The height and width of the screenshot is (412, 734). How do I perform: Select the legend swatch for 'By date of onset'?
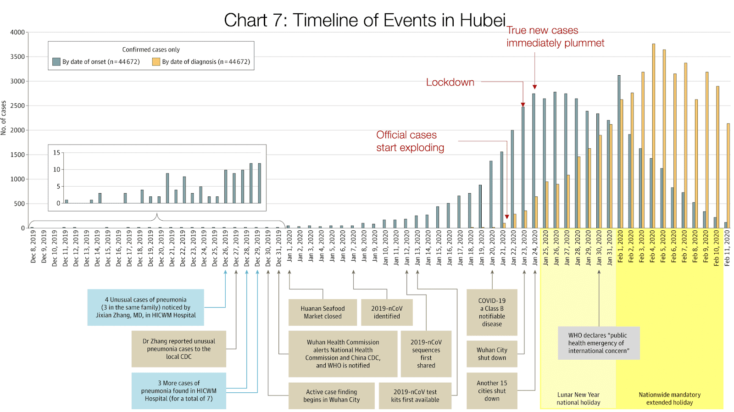point(56,62)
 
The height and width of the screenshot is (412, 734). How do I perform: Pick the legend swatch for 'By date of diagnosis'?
point(156,62)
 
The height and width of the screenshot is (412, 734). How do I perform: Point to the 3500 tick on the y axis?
point(18,57)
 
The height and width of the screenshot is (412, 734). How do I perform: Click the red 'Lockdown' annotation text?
point(450,82)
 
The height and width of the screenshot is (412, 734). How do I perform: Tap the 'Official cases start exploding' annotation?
point(410,141)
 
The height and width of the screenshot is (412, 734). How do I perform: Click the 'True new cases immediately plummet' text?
point(555,37)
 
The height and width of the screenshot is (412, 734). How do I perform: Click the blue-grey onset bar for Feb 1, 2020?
point(619,151)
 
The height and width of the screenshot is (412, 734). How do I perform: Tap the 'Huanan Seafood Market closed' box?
point(323,312)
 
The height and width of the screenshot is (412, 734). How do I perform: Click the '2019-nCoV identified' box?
point(387,312)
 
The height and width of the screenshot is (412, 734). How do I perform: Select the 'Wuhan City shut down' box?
point(492,354)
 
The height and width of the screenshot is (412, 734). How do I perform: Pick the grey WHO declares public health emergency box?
point(598,343)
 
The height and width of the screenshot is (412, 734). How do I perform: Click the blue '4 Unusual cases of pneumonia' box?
point(145,307)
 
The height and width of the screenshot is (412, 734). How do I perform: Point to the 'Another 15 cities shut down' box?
point(492,391)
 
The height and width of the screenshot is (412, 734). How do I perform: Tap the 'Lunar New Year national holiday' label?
point(578,398)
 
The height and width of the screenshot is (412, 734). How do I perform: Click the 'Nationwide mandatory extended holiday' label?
point(669,398)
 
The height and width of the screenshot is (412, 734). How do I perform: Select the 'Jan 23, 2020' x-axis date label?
point(524,248)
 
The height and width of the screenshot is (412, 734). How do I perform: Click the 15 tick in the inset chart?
point(56,153)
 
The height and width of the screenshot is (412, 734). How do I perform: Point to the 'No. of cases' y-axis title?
point(4,118)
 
